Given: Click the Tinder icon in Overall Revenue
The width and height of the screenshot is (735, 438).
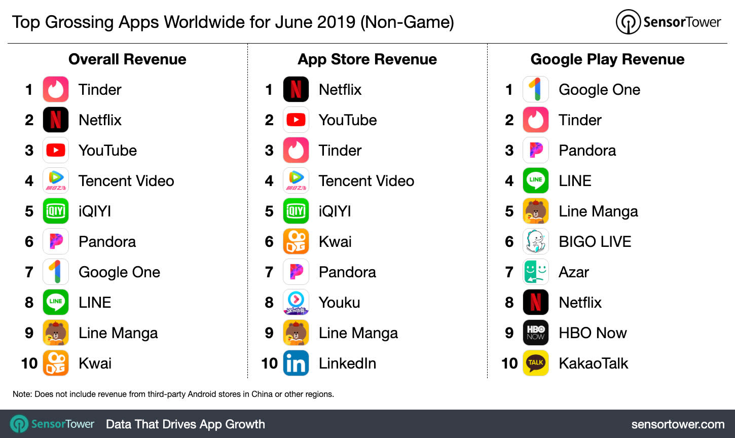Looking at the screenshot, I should (56, 90).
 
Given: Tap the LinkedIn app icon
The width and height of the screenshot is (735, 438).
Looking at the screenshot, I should (296, 363).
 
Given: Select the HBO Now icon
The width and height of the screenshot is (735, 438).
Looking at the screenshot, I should (536, 333).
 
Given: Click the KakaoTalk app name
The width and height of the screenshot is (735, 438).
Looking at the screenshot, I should (593, 363).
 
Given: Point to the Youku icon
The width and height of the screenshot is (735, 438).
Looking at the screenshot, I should (296, 303).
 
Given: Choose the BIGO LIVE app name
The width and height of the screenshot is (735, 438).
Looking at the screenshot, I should (595, 242).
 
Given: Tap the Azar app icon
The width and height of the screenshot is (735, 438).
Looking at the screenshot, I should (536, 272).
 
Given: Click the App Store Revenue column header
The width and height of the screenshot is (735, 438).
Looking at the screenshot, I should (367, 59).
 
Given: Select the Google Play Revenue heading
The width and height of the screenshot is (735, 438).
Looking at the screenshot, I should (607, 59).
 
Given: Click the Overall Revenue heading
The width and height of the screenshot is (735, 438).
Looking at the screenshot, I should (127, 59).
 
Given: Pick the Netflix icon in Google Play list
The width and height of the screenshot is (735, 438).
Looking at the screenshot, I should (536, 303).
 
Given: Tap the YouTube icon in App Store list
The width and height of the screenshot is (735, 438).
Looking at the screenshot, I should (296, 120).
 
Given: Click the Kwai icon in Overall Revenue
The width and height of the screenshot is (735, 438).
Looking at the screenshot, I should (56, 363).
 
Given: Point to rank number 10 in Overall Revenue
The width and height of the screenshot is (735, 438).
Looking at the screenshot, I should (29, 363).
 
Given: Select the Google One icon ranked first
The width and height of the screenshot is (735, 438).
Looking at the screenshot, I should (536, 90).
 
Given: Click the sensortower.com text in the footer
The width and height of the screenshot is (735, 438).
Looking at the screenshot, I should (678, 424).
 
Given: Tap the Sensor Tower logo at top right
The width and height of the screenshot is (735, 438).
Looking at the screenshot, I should (668, 22).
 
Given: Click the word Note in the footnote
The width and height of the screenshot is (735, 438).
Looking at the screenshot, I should (22, 394).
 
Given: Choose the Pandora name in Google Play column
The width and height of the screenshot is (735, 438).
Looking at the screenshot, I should (587, 151).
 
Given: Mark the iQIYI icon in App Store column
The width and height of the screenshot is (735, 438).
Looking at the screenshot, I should (296, 211).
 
